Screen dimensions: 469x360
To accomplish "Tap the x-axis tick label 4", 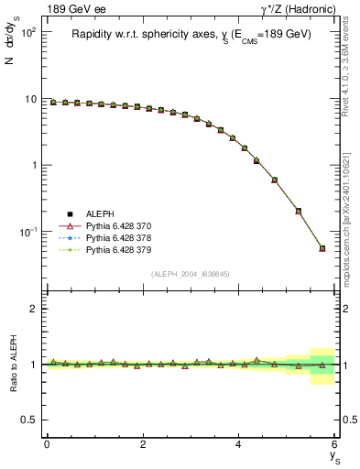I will pyautogui.click(x=239, y=443).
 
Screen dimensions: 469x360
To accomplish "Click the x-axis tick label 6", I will pyautogui.click(x=335, y=443).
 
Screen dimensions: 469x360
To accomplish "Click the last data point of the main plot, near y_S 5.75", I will pyautogui.click(x=322, y=248).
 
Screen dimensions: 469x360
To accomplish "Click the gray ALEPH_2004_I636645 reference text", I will pyautogui.click(x=191, y=274).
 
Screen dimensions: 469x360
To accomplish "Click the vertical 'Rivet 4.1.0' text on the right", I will pyautogui.click(x=348, y=82).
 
